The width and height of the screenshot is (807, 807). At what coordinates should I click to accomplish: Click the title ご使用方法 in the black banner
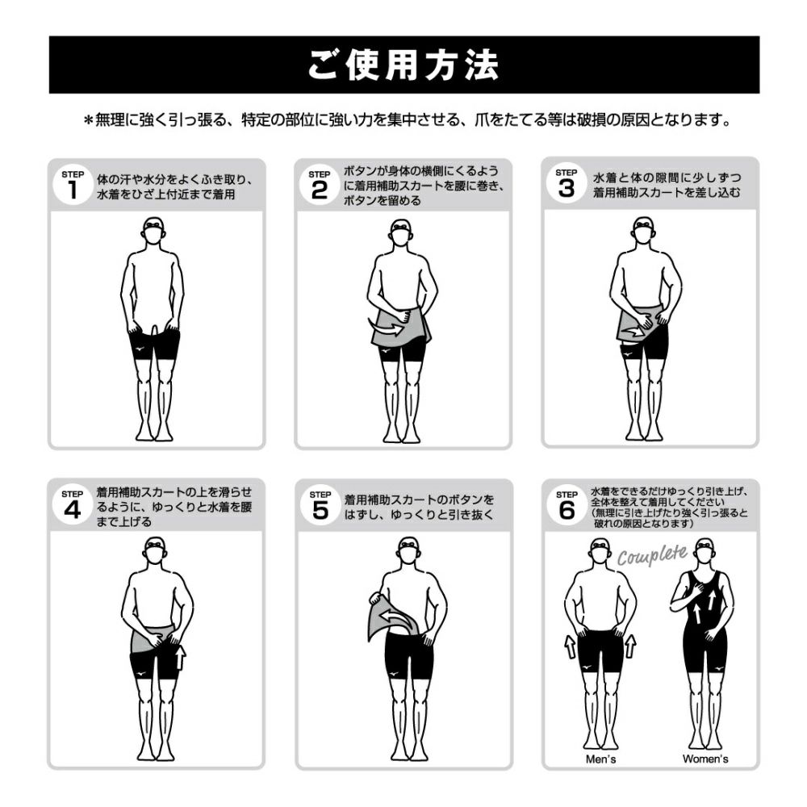pyautogui.click(x=403, y=65)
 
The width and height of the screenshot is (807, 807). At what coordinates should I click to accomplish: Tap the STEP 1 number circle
pyautogui.click(x=73, y=186)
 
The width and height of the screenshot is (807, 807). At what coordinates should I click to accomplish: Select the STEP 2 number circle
pyautogui.click(x=319, y=186)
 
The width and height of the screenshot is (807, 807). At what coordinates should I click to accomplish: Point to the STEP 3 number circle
pyautogui.click(x=567, y=184)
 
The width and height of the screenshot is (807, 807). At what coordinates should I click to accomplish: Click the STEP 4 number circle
pyautogui.click(x=73, y=506)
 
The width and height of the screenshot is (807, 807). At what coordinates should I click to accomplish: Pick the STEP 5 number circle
pyautogui.click(x=320, y=507)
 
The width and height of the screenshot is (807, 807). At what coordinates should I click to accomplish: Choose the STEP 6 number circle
pyautogui.click(x=567, y=506)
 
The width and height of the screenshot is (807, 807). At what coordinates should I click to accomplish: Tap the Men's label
pyautogui.click(x=600, y=759)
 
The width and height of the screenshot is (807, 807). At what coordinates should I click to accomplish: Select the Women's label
pyautogui.click(x=705, y=759)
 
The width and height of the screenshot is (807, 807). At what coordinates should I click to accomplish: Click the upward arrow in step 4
pyautogui.click(x=180, y=657)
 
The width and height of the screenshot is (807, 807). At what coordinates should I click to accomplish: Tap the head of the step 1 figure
pyautogui.click(x=153, y=231)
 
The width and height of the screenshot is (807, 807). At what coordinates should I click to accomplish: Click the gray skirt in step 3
pyautogui.click(x=638, y=324)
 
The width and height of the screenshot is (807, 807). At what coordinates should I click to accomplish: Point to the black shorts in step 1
pyautogui.click(x=154, y=345)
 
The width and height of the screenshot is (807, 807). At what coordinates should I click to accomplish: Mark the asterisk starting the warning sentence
pyautogui.click(x=88, y=120)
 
